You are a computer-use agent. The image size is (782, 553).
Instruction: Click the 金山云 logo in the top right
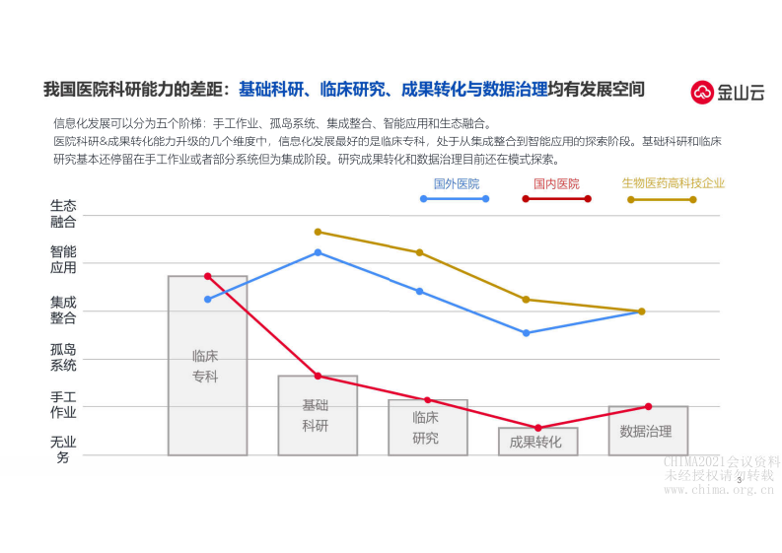(x=727, y=93)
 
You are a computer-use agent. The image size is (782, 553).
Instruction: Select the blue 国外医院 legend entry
(x=456, y=183)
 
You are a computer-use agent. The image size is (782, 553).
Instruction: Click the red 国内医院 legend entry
(x=556, y=183)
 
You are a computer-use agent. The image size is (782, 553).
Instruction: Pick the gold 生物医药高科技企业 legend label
(x=673, y=183)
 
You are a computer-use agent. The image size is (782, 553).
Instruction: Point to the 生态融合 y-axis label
(x=63, y=214)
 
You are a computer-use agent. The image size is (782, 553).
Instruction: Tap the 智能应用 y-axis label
(x=63, y=259)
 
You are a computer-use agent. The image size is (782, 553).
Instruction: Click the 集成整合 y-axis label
(x=63, y=311)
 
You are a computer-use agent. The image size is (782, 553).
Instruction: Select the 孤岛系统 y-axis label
(x=63, y=357)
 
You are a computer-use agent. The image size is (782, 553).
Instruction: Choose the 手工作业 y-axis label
(x=63, y=404)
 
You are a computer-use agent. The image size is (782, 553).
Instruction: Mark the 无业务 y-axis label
(x=63, y=449)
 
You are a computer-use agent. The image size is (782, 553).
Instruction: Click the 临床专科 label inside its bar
(x=205, y=366)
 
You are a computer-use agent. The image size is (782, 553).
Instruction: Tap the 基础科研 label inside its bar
(x=316, y=415)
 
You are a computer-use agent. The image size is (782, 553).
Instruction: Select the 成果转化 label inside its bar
(x=535, y=442)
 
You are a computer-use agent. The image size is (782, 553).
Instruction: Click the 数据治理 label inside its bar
(x=646, y=432)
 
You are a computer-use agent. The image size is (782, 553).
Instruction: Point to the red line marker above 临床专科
(x=207, y=276)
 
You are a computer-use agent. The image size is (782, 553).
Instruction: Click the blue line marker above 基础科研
(x=318, y=252)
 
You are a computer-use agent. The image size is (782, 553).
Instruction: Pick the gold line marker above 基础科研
(x=318, y=232)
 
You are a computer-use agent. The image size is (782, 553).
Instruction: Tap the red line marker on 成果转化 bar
(x=538, y=428)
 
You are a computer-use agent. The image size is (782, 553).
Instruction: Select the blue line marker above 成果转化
(x=527, y=333)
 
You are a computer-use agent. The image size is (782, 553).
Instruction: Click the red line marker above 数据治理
(x=648, y=406)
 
